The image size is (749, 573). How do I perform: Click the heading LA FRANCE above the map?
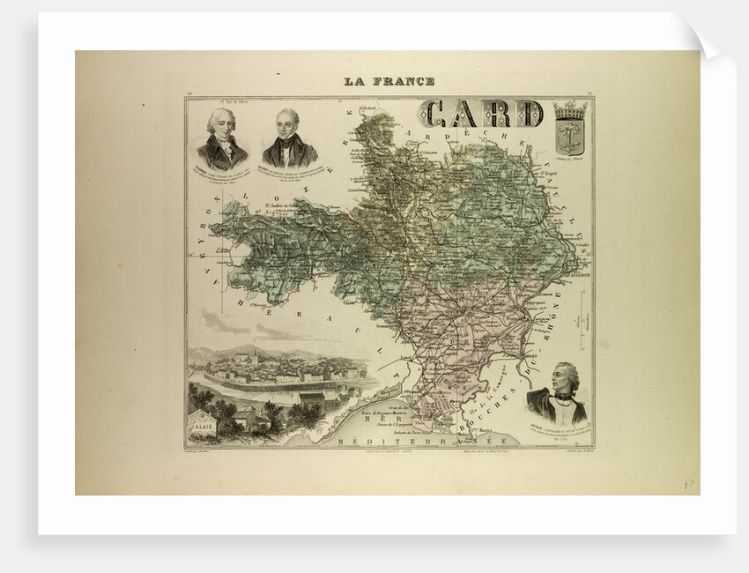pos(389,81)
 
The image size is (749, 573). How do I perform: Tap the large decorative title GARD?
pos(481,113)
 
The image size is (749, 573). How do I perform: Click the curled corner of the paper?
pos(709,40)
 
